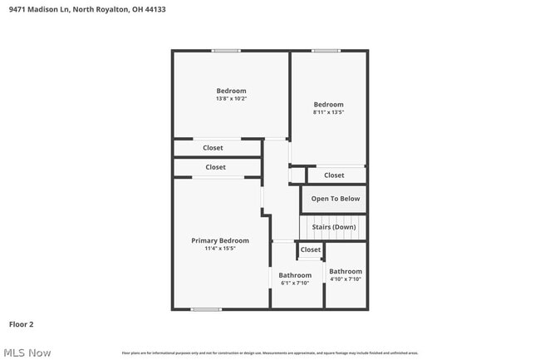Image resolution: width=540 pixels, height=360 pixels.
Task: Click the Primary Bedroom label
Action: pyautogui.click(x=220, y=240)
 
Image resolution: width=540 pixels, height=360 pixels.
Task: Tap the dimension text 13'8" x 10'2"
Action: pyautogui.click(x=231, y=99)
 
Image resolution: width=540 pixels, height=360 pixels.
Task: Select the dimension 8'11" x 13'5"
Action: pyautogui.click(x=328, y=112)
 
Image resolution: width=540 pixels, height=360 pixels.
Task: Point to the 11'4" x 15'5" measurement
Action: pyautogui.click(x=220, y=249)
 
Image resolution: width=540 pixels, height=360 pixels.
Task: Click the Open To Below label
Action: pyautogui.click(x=336, y=199)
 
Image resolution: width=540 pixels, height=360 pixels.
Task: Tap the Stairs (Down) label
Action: pyautogui.click(x=333, y=227)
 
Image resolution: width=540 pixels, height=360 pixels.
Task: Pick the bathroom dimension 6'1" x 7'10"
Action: pyautogui.click(x=295, y=283)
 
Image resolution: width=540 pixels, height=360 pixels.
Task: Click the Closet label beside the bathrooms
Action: pyautogui.click(x=311, y=249)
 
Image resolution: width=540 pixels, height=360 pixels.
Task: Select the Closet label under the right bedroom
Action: pyautogui.click(x=334, y=175)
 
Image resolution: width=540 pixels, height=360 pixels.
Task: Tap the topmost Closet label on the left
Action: pyautogui.click(x=213, y=148)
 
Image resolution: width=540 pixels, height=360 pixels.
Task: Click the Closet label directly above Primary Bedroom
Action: pyautogui.click(x=215, y=167)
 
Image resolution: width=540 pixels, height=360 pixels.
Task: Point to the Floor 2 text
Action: pyautogui.click(x=21, y=324)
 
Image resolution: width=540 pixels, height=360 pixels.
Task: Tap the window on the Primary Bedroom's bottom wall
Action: pyautogui.click(x=206, y=309)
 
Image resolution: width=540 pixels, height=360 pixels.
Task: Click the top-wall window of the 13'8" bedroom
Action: pyautogui.click(x=226, y=51)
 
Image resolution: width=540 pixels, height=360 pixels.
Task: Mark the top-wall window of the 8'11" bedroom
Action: pyautogui.click(x=326, y=51)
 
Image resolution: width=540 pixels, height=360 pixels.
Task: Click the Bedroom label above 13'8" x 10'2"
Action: pyautogui.click(x=231, y=91)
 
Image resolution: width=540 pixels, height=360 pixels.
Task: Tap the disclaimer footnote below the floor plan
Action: pyautogui.click(x=270, y=353)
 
